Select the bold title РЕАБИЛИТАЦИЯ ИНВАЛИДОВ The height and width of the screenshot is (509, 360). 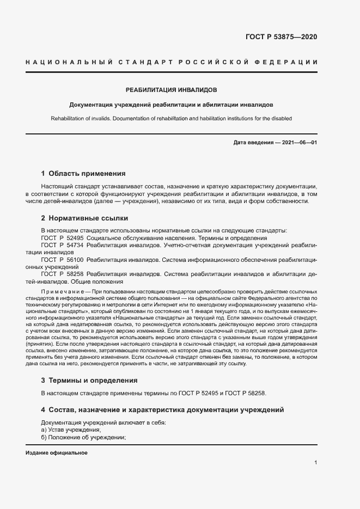(x=172, y=89)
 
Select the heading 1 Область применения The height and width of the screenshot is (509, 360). (x=83, y=174)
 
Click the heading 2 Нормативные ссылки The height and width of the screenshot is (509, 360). (x=84, y=218)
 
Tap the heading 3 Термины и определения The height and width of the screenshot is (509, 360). (x=89, y=380)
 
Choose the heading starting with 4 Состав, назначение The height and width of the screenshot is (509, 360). (x=162, y=409)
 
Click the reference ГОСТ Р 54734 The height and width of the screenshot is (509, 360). (x=62, y=246)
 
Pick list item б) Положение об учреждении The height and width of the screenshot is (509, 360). (x=83, y=437)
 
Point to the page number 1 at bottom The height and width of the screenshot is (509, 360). (x=316, y=463)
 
